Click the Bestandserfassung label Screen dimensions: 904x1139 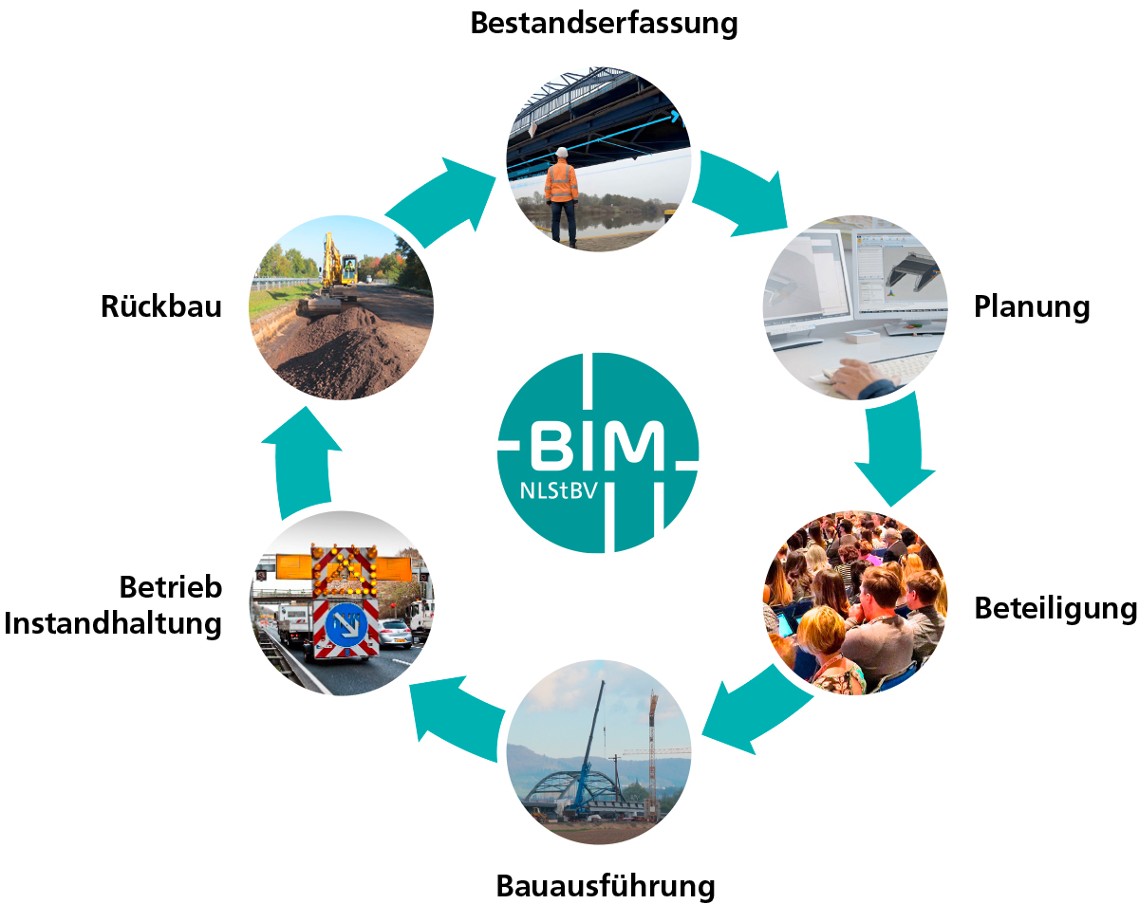(604, 23)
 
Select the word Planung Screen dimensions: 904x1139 (1032, 307)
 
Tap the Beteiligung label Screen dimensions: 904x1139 (1055, 608)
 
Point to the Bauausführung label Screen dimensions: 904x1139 (605, 886)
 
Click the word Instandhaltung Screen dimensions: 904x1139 (113, 624)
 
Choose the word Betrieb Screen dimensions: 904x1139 (171, 587)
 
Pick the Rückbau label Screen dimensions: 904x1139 (161, 306)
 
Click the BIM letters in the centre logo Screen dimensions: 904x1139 (597, 445)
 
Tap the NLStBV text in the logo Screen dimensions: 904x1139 (561, 491)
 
